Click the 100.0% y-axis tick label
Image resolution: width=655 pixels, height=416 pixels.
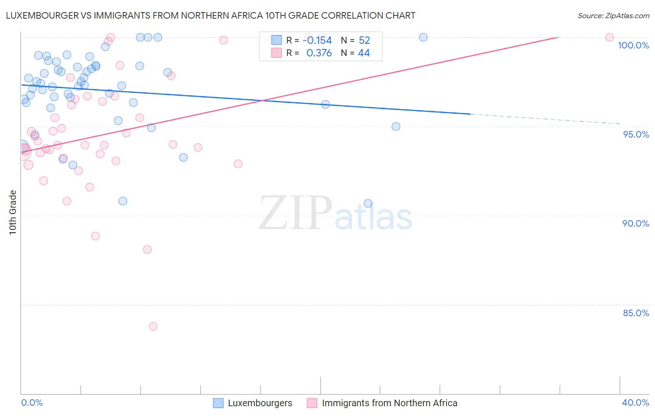pos(633,45)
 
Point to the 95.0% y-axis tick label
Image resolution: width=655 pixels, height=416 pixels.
pos(636,134)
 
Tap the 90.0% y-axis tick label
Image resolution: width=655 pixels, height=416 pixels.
pos(635,223)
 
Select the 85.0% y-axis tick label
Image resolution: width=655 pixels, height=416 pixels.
pos(636,313)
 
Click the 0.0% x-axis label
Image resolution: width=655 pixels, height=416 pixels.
pos(32,402)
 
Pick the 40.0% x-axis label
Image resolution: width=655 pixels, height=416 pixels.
pos(635,402)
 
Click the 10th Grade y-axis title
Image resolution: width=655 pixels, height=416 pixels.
pos(13,212)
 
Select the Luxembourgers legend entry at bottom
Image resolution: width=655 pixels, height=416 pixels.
pos(253,403)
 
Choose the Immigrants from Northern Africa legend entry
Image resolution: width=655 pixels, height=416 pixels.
pos(382,403)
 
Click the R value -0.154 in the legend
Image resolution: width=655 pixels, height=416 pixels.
pos(317,41)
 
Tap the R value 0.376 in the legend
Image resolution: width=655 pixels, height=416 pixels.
pos(319,53)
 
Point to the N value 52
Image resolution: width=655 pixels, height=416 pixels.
pos(364,41)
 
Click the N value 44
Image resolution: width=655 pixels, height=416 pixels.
pos(364,53)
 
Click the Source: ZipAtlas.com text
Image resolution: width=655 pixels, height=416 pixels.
pos(613,16)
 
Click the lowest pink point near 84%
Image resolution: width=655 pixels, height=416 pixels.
pos(153,326)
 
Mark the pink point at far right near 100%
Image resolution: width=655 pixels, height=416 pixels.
pos(609,37)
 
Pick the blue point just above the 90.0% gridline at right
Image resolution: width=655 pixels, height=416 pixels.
pos(368,203)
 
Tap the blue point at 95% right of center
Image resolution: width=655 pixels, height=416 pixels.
pos(396,126)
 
